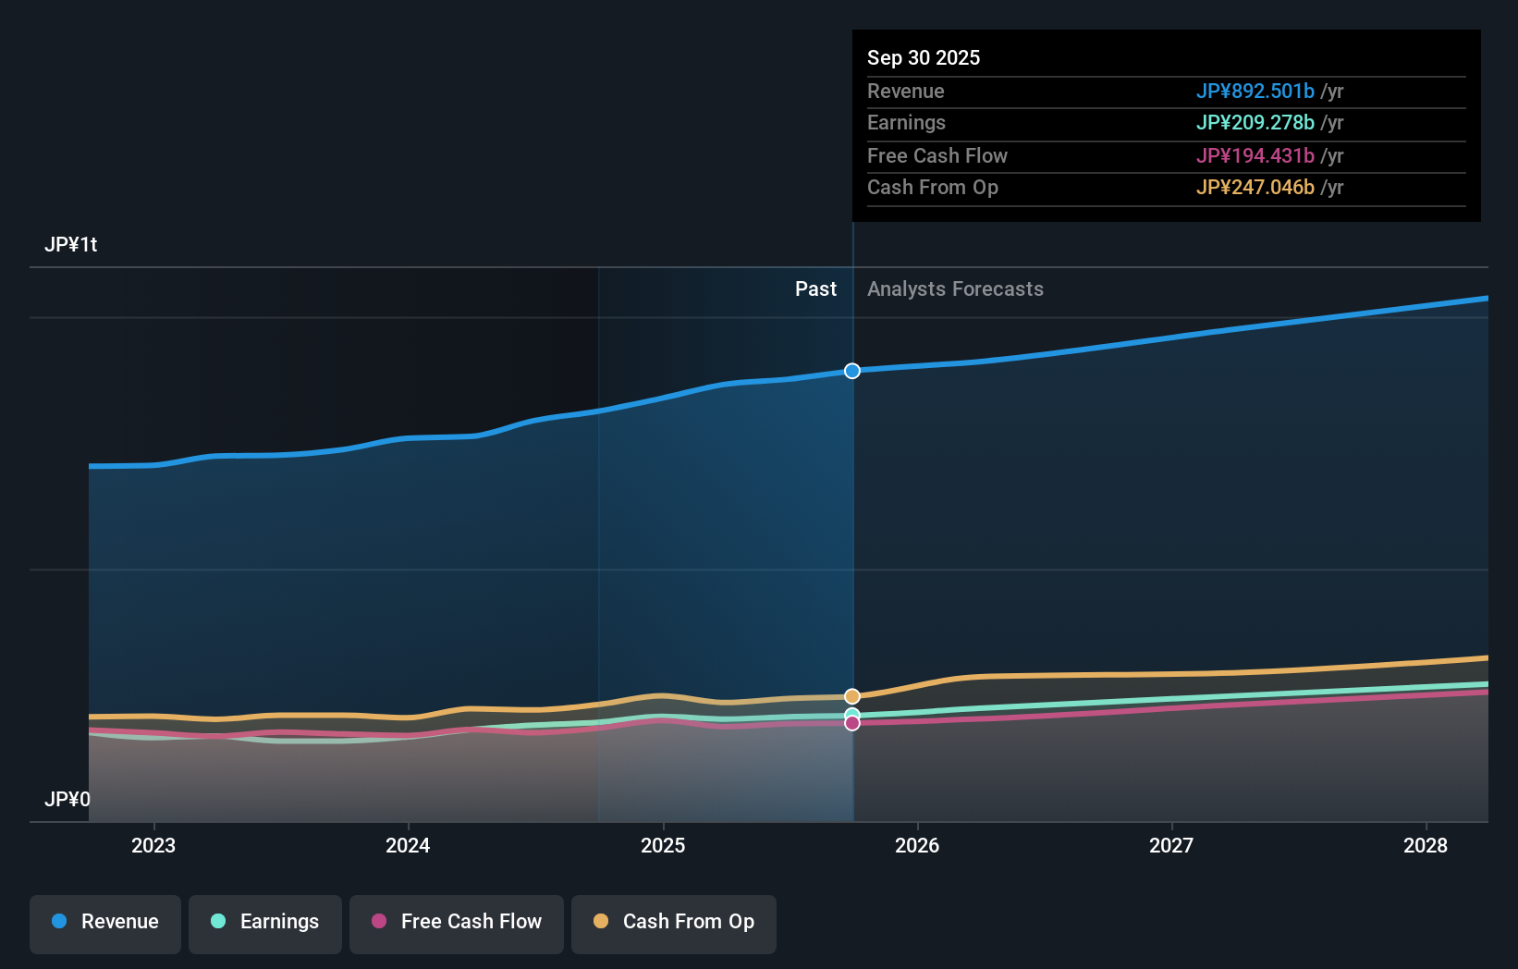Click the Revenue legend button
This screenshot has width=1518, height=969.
105,922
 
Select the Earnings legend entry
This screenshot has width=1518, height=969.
265,922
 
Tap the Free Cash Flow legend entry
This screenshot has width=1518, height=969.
457,922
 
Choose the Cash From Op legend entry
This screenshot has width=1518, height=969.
674,922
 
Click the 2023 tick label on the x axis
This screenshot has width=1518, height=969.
153,845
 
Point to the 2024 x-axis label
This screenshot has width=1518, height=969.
408,845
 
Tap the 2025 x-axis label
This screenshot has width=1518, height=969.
663,845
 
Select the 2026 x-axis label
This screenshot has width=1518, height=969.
917,845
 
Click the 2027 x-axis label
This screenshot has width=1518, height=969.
1171,845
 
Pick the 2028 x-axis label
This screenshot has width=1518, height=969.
1426,845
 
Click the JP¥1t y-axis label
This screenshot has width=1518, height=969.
71,245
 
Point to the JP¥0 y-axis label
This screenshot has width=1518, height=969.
67,799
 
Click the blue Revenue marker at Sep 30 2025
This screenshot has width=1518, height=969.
852,371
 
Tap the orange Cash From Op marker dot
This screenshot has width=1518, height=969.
852,696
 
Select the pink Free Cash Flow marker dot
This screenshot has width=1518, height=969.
852,723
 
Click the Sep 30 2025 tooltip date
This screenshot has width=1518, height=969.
924,57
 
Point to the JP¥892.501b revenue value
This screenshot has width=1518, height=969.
1255,91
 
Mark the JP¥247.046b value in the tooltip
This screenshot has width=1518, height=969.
1255,188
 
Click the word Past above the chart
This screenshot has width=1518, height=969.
815,289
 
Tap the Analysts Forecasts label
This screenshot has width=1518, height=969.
955,289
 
